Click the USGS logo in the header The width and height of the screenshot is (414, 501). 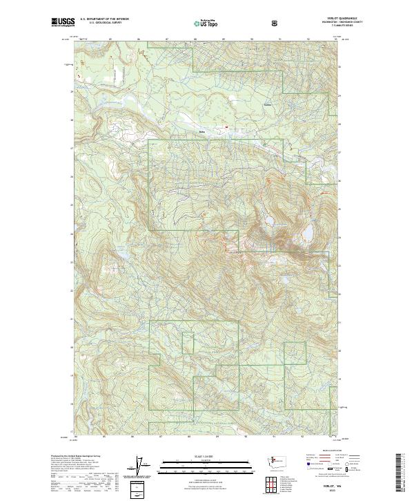click(62, 22)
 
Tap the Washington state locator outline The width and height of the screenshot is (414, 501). click(279, 460)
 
